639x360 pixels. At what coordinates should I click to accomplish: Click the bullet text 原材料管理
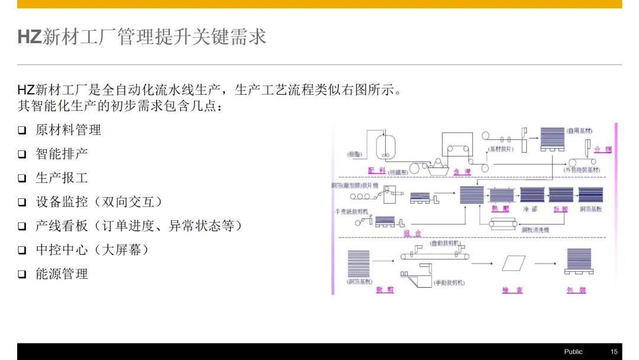(x=68, y=130)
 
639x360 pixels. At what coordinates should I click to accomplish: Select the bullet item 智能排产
(x=62, y=154)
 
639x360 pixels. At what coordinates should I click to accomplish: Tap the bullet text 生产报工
(x=62, y=178)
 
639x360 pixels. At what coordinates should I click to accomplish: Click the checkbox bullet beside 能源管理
(x=22, y=274)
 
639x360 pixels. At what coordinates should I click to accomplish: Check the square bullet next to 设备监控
(x=22, y=202)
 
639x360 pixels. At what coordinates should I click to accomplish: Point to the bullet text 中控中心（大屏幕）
(x=92, y=250)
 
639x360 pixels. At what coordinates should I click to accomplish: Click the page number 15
(x=614, y=352)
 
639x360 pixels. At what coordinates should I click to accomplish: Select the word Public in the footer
(x=573, y=352)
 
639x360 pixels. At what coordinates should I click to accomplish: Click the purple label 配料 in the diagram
(x=376, y=171)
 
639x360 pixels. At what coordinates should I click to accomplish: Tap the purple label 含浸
(x=462, y=172)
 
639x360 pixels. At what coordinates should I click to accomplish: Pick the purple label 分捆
(x=603, y=149)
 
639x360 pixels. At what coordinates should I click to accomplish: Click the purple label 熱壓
(x=500, y=209)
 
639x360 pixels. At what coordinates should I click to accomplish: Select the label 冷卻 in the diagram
(x=530, y=209)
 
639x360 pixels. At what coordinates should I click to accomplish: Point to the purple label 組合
(x=412, y=233)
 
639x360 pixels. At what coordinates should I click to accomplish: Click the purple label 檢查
(x=512, y=290)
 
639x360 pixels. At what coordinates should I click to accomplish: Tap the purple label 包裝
(x=576, y=290)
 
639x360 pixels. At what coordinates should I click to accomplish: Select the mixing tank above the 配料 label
(x=385, y=145)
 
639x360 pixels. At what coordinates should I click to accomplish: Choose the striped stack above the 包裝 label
(x=579, y=261)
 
